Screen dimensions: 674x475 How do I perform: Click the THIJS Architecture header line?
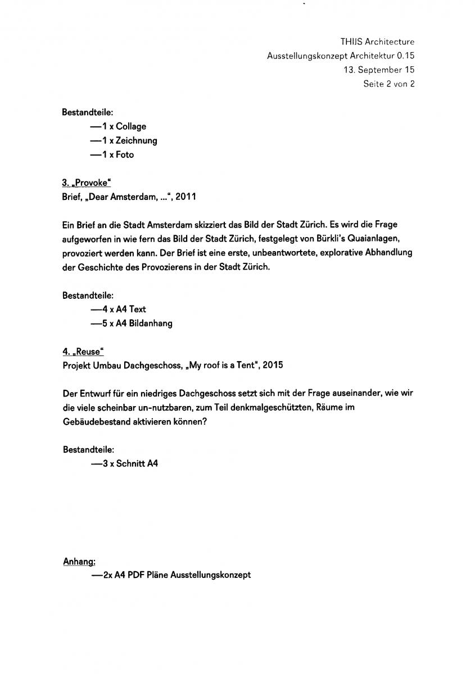(377, 42)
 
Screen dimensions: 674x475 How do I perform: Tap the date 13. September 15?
(379, 70)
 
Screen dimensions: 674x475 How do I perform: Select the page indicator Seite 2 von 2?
(388, 84)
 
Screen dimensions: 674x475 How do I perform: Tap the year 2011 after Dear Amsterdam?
(186, 197)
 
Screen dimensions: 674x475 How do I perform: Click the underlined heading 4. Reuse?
(83, 352)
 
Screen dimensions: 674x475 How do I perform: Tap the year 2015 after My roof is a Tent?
(273, 365)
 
